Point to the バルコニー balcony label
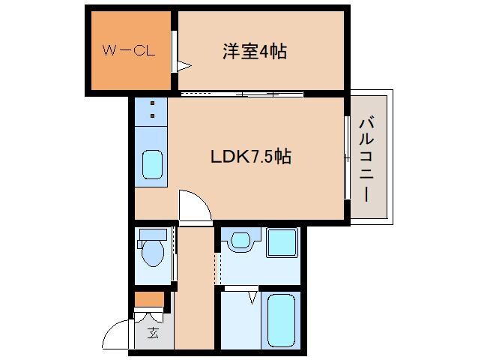click(366, 159)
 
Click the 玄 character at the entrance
click(153, 333)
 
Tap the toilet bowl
click(153, 254)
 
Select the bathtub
click(281, 322)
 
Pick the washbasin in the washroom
click(240, 241)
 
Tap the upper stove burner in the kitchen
click(152, 103)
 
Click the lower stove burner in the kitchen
click(152, 116)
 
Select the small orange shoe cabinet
click(148, 300)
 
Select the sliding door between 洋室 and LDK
click(242, 94)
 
